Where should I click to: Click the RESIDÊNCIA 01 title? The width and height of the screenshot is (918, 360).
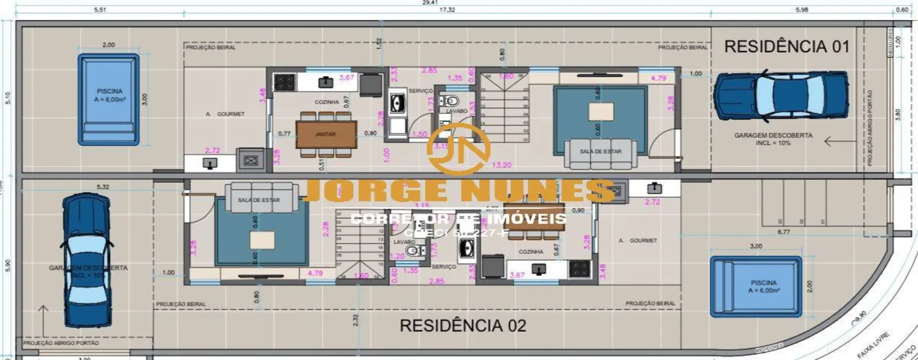[x=787, y=47]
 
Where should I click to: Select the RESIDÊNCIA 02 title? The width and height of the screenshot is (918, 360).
[x=463, y=325]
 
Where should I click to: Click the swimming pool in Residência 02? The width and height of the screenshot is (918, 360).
[x=756, y=286]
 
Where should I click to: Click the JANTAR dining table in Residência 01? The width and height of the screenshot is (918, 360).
[x=326, y=135]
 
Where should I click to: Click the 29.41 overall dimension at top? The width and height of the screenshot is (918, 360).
[x=430, y=3]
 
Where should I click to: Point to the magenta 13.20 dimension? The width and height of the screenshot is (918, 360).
[x=501, y=165]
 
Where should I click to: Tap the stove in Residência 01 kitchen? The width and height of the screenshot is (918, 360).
[x=285, y=83]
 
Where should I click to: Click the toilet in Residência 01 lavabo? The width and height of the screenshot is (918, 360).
[x=451, y=101]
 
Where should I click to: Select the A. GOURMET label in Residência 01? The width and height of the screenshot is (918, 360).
[x=225, y=114]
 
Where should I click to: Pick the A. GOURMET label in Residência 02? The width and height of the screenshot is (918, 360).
[x=638, y=241]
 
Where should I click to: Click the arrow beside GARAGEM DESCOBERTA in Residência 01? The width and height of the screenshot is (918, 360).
[x=836, y=142]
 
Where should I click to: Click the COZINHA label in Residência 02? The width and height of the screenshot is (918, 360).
[x=531, y=251]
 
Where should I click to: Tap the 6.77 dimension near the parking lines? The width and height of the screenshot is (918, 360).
[x=783, y=232]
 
